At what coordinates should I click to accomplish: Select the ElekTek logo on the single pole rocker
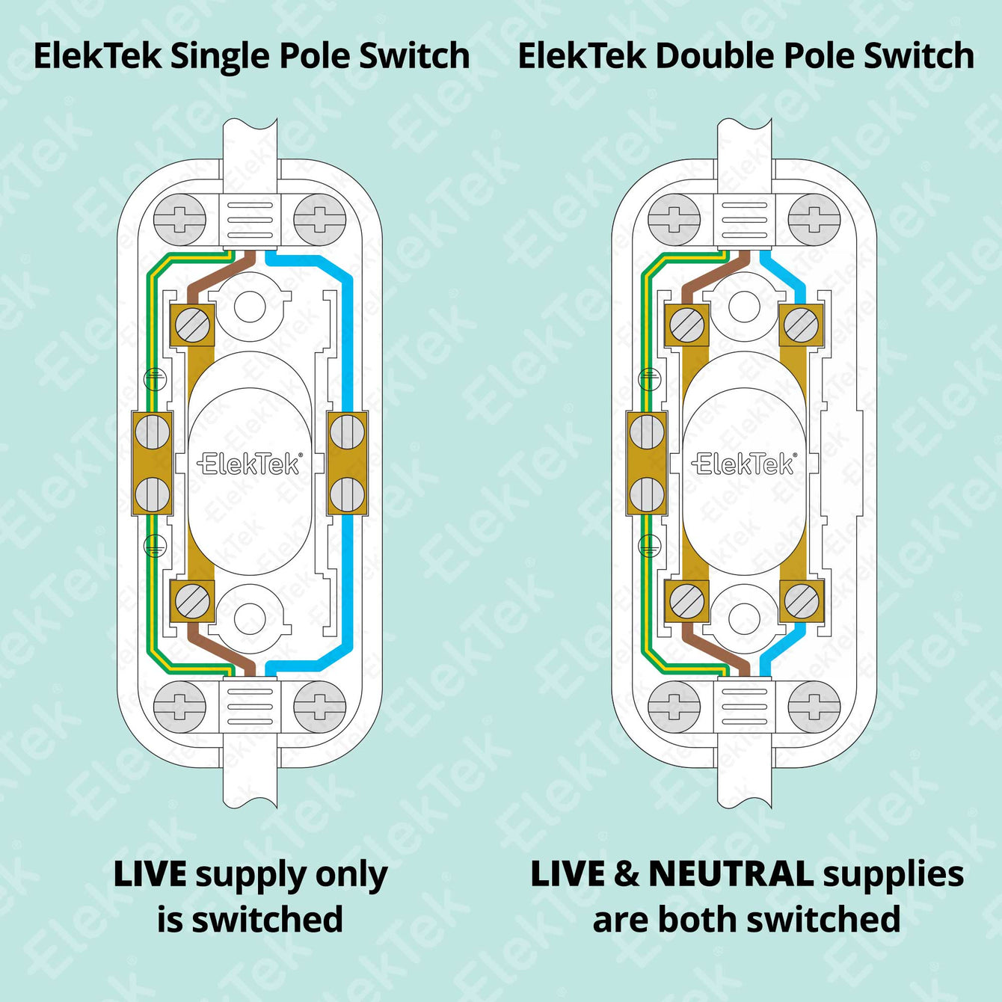tap(250, 464)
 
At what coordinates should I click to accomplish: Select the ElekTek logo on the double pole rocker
tap(744, 464)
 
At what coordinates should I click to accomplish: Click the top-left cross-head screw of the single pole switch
tap(179, 220)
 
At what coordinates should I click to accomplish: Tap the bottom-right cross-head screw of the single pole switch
tap(320, 707)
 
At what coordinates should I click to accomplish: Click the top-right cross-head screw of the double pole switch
tap(814, 220)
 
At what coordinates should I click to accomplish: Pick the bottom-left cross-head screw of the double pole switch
tap(674, 707)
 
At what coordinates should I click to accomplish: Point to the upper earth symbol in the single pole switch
tap(154, 379)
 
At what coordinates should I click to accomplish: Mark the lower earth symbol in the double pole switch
tap(649, 546)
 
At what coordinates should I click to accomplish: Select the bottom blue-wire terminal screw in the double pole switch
tap(802, 600)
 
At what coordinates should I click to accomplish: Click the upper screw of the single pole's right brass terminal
tap(347, 432)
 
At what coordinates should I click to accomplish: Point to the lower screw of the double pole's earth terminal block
tap(647, 494)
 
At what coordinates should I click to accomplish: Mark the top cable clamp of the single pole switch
tap(250, 220)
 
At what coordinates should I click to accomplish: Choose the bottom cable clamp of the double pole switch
tap(744, 707)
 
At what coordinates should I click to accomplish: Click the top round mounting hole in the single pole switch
tap(250, 305)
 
